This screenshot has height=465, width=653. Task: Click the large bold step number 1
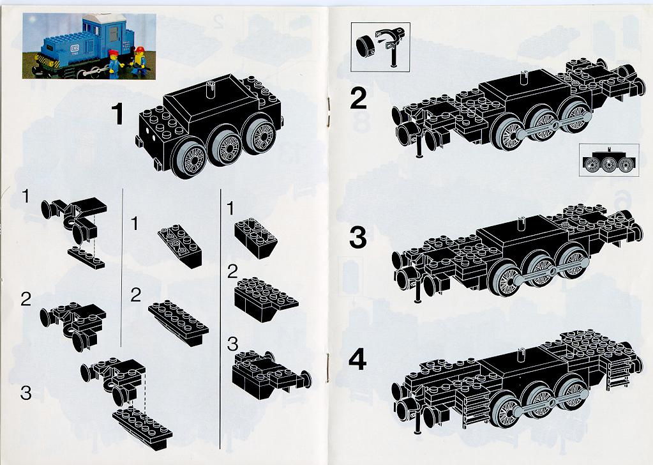pos(118,114)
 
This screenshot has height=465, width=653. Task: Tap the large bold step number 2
pos(358,98)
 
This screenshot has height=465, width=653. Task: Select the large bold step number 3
pos(358,238)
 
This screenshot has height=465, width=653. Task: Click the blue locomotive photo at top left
pos(89,46)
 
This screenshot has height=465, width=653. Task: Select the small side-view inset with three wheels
pos(609,160)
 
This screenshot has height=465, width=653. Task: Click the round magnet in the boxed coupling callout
pos(366,45)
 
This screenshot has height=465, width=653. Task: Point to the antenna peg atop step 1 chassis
pos(210,89)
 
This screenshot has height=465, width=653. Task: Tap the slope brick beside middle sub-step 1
pos(180,245)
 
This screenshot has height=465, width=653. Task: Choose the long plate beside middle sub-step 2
pos(178,323)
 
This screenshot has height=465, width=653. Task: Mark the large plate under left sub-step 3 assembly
pos(142,427)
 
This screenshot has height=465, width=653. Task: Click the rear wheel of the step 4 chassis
pos(573,393)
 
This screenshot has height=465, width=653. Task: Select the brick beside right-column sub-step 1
pos(256,238)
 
